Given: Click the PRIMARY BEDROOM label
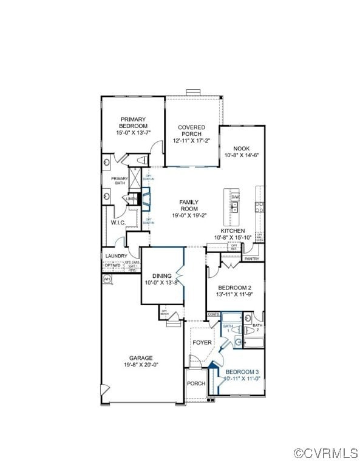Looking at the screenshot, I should click(134, 123).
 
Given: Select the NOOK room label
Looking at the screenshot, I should click(242, 147).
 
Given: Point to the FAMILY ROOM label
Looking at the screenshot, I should click(189, 205).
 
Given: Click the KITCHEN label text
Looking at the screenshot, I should click(233, 231).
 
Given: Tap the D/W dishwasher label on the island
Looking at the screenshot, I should click(236, 197).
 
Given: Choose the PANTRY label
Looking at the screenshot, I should click(251, 259).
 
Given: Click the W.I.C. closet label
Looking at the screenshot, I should click(118, 223).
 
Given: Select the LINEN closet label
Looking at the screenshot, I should click(131, 199).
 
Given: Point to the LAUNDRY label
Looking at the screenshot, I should click(116, 256).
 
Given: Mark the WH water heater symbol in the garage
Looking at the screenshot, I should click(107, 279).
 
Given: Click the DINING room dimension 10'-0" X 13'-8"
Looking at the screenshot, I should click(161, 282).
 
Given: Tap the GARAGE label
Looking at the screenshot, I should click(141, 358).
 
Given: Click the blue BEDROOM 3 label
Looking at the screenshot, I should click(242, 371).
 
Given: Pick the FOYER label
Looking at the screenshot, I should click(202, 342).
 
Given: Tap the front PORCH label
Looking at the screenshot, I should click(195, 383).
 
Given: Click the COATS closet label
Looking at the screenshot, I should click(213, 314).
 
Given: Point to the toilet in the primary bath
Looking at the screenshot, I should click(141, 160).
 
